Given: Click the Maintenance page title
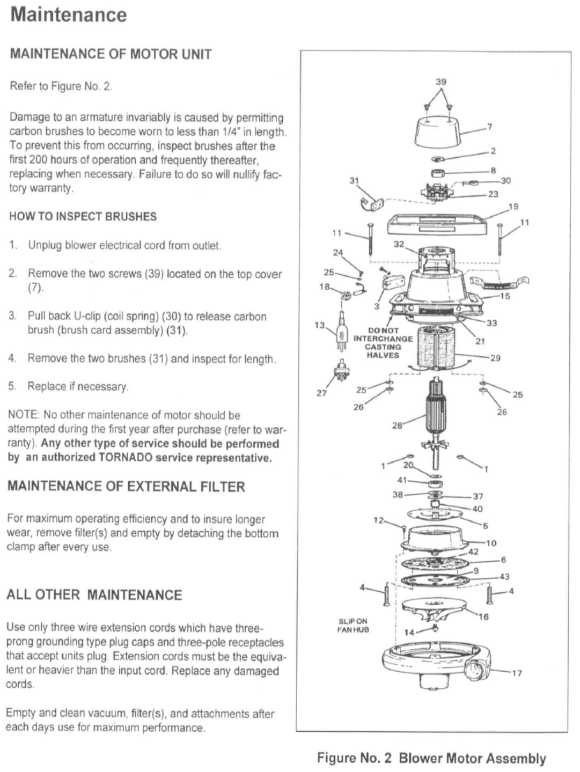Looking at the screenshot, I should (69, 15).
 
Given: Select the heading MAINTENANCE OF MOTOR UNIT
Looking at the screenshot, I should (111, 54).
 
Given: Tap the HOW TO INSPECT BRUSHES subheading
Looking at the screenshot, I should (83, 217).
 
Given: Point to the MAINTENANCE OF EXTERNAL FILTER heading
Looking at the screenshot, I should (126, 487).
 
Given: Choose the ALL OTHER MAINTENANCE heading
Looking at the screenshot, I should (94, 595).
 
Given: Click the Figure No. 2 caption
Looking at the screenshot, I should (431, 758).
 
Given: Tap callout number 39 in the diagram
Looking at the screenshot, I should (440, 82).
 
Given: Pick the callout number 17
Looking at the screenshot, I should (517, 673).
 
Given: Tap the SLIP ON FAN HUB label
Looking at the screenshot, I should (353, 626).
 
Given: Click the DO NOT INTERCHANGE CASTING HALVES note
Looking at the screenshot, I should (383, 343).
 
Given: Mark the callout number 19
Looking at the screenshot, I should (513, 207).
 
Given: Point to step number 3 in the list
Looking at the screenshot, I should (12, 316).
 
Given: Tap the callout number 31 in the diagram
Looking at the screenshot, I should (354, 181).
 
